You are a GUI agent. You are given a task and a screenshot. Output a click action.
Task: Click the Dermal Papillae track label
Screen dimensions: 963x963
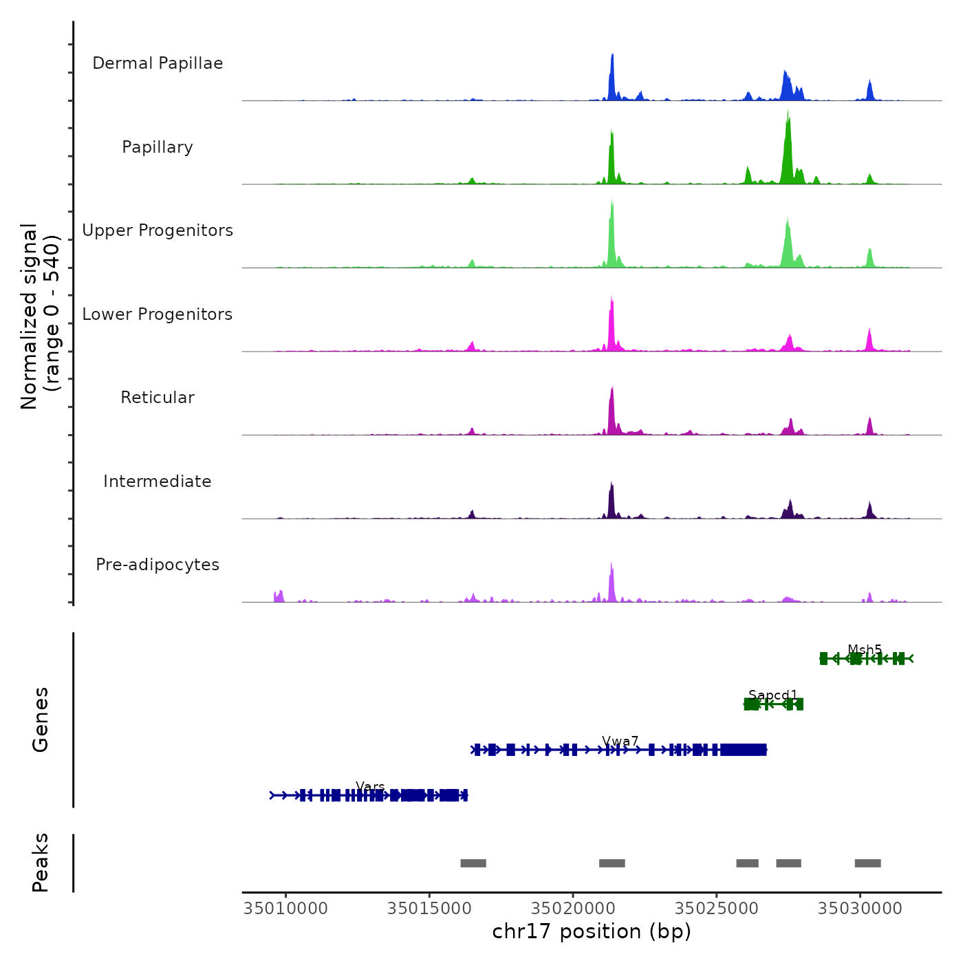click(x=158, y=63)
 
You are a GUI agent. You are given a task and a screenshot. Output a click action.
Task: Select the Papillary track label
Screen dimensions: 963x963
click(x=158, y=147)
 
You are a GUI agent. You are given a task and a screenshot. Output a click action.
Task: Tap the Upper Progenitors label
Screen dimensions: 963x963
click(x=158, y=230)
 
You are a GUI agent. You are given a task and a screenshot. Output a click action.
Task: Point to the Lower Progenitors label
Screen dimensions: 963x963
click(x=158, y=314)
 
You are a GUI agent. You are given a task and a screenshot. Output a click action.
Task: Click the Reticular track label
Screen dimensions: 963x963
click(x=158, y=398)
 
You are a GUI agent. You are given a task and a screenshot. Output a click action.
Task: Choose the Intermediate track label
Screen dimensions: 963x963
click(x=158, y=481)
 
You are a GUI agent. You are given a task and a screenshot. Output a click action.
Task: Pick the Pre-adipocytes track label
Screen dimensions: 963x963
click(x=158, y=565)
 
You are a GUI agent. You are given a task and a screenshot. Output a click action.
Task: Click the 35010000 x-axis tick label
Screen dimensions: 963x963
click(x=285, y=909)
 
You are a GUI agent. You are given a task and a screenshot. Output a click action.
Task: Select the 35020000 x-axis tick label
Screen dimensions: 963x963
click(x=573, y=909)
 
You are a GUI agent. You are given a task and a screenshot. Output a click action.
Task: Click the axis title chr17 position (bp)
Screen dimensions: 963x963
click(x=592, y=932)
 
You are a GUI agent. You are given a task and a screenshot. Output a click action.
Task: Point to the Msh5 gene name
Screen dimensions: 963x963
click(x=865, y=649)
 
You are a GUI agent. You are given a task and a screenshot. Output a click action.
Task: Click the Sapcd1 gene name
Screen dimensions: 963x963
click(x=772, y=695)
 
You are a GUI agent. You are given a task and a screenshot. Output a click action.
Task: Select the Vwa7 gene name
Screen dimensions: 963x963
click(x=620, y=741)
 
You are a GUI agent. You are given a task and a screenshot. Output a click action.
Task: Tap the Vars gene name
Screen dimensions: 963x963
click(x=370, y=786)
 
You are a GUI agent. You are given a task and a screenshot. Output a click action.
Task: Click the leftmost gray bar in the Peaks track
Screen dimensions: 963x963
click(x=473, y=863)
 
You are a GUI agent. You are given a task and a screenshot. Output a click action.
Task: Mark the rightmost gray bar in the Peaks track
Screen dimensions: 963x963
click(x=867, y=863)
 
